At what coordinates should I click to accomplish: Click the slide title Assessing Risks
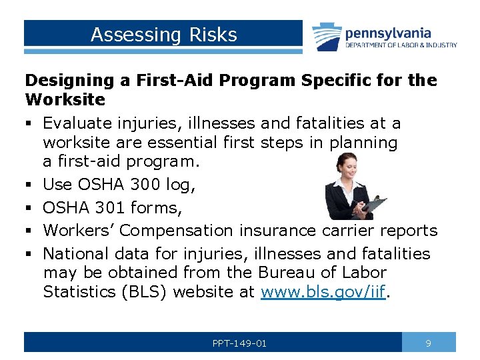pos(163,35)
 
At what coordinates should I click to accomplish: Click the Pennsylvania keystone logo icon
pos(327,37)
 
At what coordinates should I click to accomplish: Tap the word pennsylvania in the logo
pos(387,33)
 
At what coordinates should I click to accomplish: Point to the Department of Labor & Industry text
pos(401,45)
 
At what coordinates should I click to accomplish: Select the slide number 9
pos(429,343)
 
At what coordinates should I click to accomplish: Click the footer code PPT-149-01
pos(239,343)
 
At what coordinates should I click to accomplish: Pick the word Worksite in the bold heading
pos(65,100)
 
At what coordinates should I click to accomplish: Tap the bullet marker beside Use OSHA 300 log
pos(29,185)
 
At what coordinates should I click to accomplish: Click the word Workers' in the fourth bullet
pos(79,231)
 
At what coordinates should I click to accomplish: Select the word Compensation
pos(177,231)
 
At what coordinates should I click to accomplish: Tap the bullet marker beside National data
pos(29,254)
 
